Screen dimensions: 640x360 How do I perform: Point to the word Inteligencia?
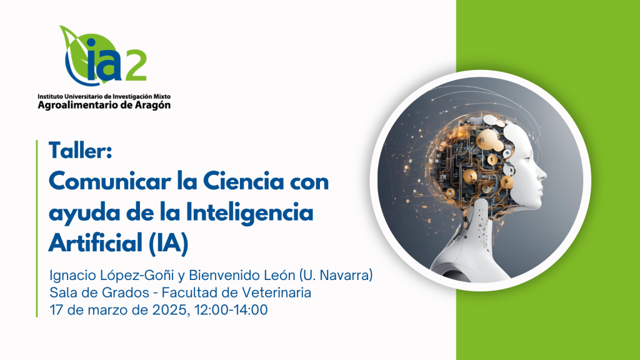pyautogui.click(x=250, y=212)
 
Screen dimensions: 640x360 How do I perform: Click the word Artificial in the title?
pyautogui.click(x=95, y=243)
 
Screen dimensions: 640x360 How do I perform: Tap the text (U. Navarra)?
pyautogui.click(x=336, y=276)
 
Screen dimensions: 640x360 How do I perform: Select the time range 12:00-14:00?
pyautogui.click(x=231, y=310)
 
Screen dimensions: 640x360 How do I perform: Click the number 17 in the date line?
pyautogui.click(x=56, y=310)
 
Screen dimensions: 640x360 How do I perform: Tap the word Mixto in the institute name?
pyautogui.click(x=162, y=97)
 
